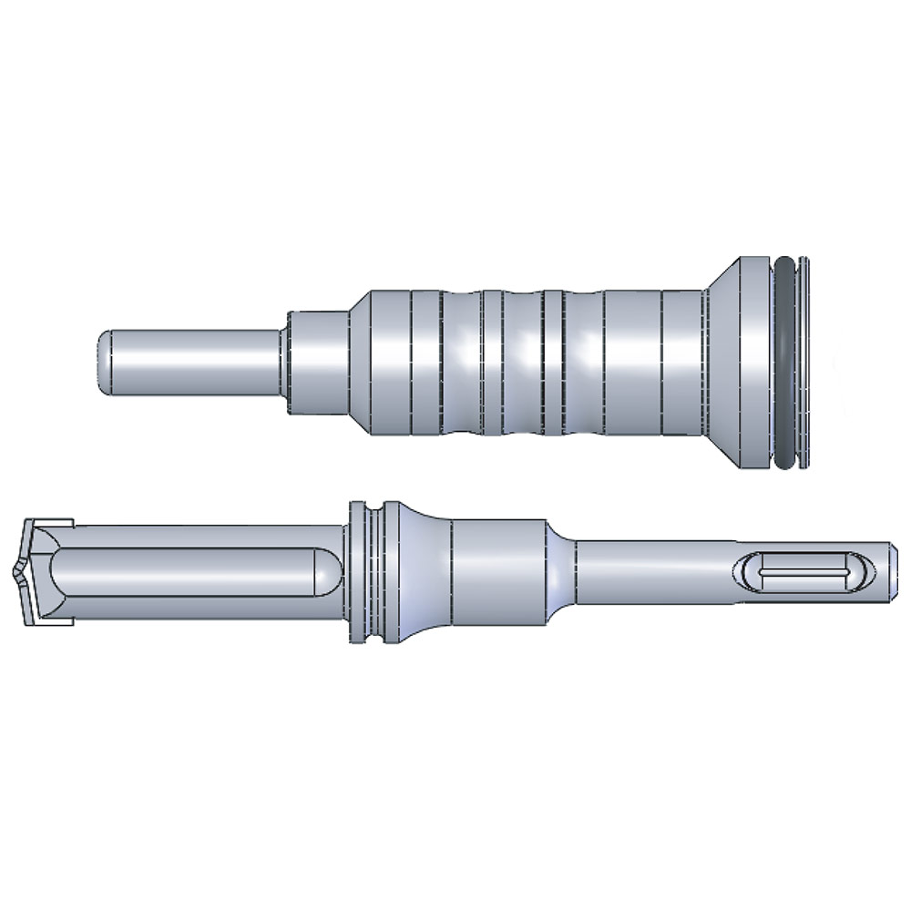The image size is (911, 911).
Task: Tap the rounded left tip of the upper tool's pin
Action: coord(102,362)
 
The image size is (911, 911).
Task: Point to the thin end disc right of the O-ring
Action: coord(802,364)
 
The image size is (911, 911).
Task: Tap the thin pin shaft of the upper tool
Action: coord(191,362)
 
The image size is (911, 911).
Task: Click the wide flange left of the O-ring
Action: coord(754,364)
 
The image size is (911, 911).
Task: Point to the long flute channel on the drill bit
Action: coord(182,573)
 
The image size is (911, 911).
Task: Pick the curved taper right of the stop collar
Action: coord(424,572)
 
